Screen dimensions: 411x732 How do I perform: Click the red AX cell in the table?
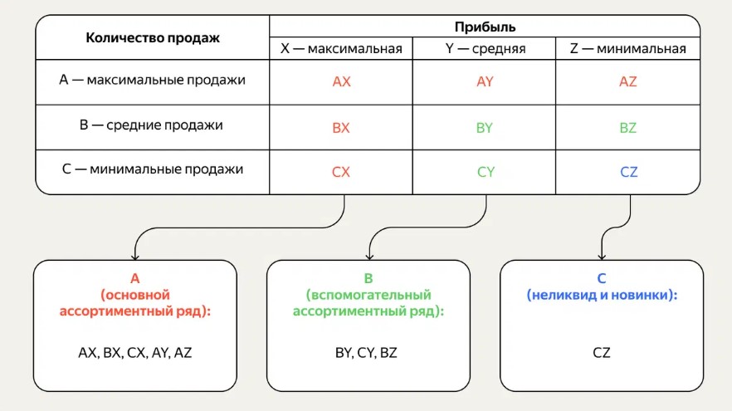pos(341,82)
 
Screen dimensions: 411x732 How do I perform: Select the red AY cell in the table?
pos(486,82)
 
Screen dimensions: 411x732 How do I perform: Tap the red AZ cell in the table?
pos(628,82)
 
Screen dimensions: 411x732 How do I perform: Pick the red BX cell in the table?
pos(341,128)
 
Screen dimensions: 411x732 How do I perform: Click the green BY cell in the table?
pos(486,128)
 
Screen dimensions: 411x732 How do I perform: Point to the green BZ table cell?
pos(628,128)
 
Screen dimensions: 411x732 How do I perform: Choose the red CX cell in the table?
pos(341,173)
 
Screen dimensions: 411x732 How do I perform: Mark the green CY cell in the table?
pos(486,173)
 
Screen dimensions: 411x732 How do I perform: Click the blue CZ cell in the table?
pos(628,173)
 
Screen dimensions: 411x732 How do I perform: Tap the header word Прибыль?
pos(486,27)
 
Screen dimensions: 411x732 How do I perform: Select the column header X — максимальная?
pos(341,49)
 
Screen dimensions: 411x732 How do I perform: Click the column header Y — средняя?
pos(486,49)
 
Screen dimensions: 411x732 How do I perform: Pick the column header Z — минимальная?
pos(628,49)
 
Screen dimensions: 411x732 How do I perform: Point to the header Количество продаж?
pos(153,38)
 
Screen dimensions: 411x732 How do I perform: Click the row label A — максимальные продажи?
pos(153,81)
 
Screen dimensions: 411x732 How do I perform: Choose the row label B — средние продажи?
pos(153,125)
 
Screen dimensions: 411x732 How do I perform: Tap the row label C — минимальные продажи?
pos(153,169)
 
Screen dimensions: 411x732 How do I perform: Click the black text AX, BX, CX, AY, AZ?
pos(135,352)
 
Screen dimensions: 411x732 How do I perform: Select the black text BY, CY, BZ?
pos(366,352)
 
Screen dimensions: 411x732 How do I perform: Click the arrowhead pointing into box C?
pos(602,254)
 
